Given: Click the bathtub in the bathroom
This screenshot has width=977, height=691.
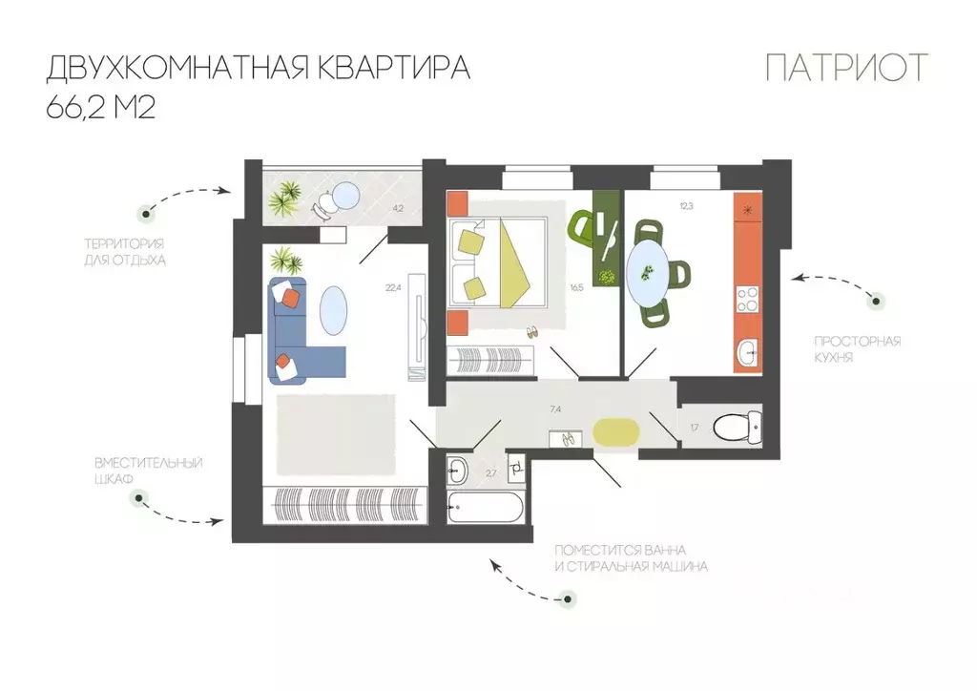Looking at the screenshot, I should coord(486,507).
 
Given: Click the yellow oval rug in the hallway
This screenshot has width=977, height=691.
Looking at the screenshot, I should coord(614,432).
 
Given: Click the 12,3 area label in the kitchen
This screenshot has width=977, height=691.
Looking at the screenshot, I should coord(687,205).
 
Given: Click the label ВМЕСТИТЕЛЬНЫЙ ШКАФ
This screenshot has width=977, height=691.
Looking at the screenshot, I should coord(149,471).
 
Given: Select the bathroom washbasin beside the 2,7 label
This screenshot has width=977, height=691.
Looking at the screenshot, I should coord(457,470).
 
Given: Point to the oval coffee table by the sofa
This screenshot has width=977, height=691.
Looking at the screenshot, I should coord(336,311).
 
